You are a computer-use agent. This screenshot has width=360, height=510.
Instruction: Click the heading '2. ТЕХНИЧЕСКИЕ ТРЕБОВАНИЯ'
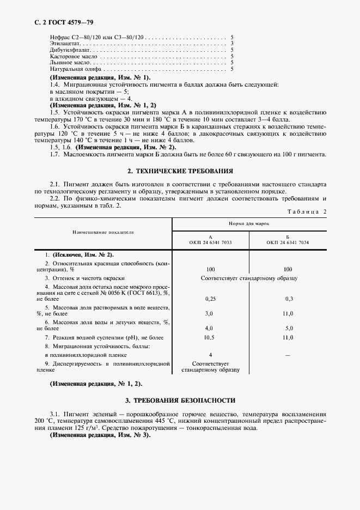(180, 171)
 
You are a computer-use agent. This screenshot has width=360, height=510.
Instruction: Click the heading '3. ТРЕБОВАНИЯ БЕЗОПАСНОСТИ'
(180, 399)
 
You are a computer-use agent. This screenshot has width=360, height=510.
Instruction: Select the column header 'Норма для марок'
(249, 224)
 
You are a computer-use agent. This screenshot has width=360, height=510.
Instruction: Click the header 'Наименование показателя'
(103, 232)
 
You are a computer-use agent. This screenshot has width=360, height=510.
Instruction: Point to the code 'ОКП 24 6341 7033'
(210, 241)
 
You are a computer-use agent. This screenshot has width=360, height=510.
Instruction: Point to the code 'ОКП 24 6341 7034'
(288, 241)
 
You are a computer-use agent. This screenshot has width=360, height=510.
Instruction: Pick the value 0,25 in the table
(210, 299)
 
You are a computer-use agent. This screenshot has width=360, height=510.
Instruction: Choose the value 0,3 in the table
(289, 299)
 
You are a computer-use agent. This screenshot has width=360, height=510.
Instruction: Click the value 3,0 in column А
(210, 314)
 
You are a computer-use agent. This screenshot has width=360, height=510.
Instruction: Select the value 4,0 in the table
(210, 329)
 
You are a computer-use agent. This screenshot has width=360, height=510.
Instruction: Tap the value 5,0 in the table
(289, 329)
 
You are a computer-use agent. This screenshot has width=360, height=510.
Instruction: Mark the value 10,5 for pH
(210, 338)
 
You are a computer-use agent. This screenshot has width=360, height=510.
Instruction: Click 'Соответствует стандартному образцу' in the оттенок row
(249, 278)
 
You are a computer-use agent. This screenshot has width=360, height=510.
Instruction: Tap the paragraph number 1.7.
(54, 154)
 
